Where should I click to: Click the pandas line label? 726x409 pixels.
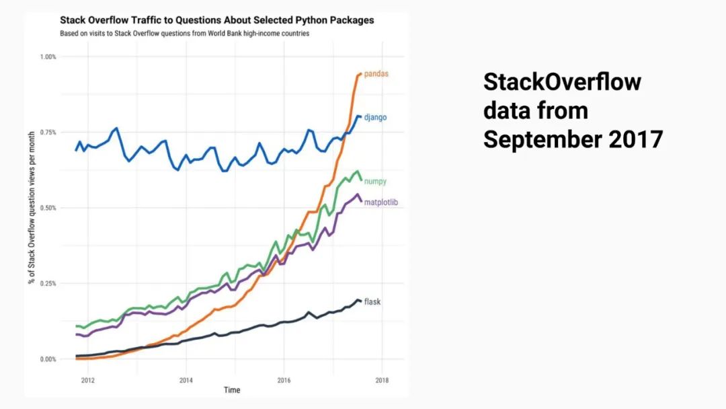(x=376, y=74)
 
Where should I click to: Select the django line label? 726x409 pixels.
(x=375, y=118)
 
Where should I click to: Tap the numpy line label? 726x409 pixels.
(x=375, y=182)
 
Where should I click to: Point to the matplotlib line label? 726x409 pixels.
(x=381, y=202)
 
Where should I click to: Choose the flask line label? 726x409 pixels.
(x=372, y=302)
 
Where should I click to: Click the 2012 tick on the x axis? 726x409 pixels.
(x=87, y=379)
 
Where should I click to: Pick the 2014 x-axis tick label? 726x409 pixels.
(x=186, y=379)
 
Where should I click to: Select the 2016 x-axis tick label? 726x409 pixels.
(x=284, y=379)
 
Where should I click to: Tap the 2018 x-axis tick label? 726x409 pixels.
(x=382, y=379)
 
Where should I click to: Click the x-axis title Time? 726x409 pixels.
(x=232, y=390)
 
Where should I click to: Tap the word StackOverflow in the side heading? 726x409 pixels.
(x=562, y=82)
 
